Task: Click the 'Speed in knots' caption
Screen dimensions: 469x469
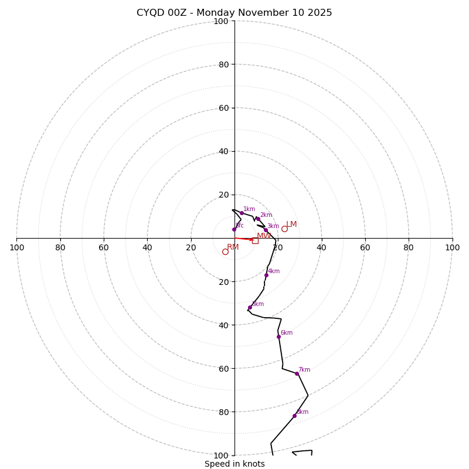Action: tap(235, 464)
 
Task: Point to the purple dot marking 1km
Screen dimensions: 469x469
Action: tap(242, 213)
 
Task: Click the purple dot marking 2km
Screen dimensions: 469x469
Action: tap(258, 219)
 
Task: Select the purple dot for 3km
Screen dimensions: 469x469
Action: tap(266, 230)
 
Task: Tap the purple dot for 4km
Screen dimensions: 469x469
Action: tap(266, 275)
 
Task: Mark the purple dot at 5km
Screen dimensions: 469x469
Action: tap(250, 307)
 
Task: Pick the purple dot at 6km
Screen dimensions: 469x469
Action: tap(278, 337)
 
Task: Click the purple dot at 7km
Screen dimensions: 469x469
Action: tap(297, 373)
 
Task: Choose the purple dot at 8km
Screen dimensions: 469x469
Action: tap(294, 416)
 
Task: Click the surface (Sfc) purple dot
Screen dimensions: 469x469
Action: tap(234, 229)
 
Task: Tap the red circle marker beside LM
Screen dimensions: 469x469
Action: tap(284, 229)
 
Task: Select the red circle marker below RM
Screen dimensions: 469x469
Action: tap(225, 252)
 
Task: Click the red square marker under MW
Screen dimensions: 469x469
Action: tap(255, 240)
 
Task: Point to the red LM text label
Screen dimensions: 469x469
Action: tap(291, 224)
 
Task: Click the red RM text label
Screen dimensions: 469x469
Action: tap(233, 247)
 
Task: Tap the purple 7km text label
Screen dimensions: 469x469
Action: tap(304, 370)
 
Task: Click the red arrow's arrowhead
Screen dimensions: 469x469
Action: tap(252, 240)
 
